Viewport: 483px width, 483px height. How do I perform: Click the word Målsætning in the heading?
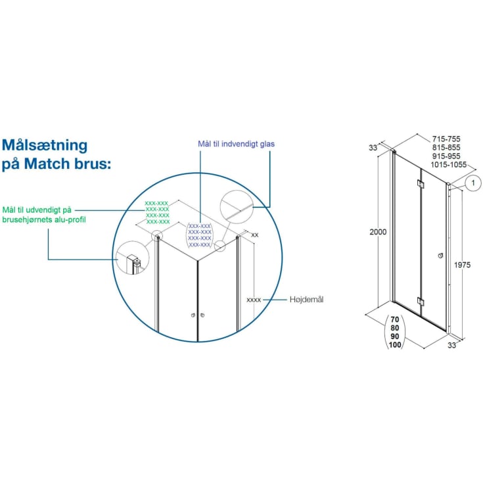(45, 145)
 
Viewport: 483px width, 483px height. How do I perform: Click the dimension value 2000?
(378, 232)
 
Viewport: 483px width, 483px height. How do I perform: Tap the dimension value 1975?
(463, 265)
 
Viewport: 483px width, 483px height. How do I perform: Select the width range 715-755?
(446, 139)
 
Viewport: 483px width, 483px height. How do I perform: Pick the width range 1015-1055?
(449, 165)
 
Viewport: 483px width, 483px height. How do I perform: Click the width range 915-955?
(446, 156)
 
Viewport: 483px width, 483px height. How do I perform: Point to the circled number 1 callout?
(473, 183)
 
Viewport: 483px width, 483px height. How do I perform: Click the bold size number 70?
(395, 319)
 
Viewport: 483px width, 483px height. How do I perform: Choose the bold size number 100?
(395, 345)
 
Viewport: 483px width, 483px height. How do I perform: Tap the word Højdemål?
(306, 300)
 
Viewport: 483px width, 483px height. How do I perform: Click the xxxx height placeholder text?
(254, 300)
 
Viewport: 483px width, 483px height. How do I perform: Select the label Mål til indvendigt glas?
(237, 144)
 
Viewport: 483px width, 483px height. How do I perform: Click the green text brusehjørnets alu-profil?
(44, 220)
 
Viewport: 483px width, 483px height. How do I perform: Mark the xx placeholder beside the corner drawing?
(255, 235)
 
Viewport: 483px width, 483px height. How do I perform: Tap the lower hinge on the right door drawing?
(421, 302)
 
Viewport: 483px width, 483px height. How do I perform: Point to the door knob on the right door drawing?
(441, 256)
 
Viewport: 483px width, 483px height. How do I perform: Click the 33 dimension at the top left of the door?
(373, 148)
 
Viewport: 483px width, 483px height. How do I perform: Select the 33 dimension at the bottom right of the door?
(452, 345)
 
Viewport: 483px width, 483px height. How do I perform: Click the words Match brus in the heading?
(67, 164)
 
